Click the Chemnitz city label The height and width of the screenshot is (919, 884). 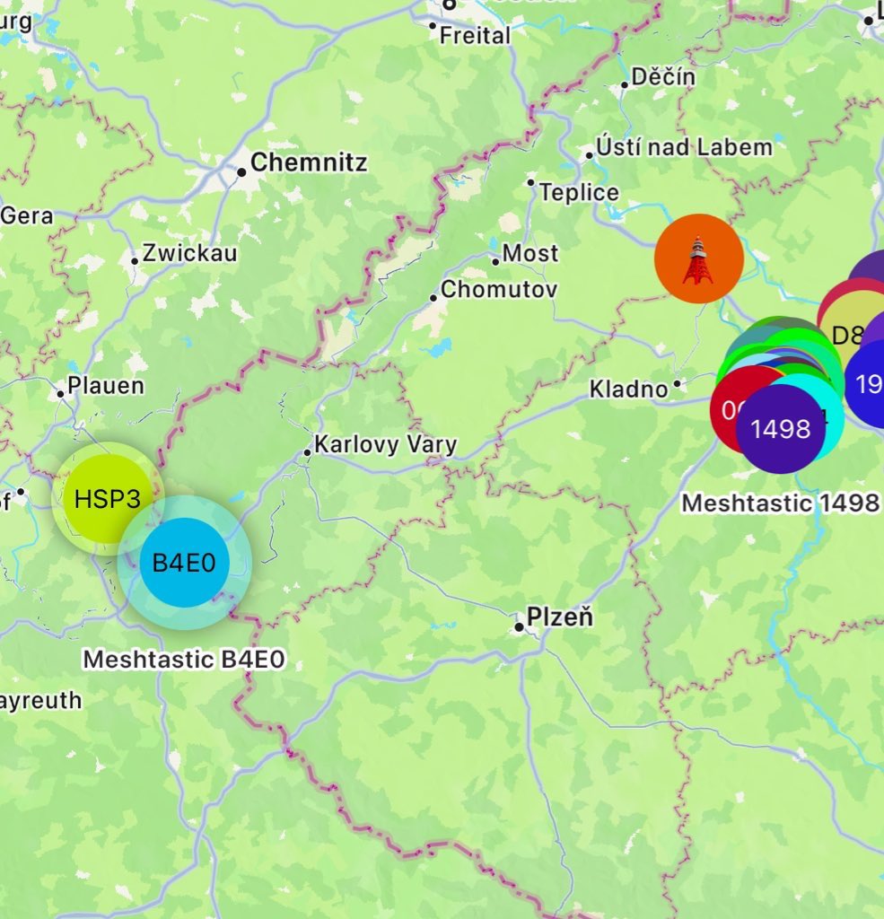pyautogui.click(x=309, y=162)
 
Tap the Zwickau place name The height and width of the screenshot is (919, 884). pyautogui.click(x=189, y=253)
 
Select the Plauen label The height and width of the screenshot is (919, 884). pyautogui.click(x=106, y=386)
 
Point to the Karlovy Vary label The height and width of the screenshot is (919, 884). pyautogui.click(x=385, y=444)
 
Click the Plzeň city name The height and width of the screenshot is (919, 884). pyautogui.click(x=560, y=617)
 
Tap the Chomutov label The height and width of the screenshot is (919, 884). pyautogui.click(x=499, y=289)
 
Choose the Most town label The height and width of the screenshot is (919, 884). pyautogui.click(x=530, y=253)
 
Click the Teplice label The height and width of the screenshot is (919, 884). pyautogui.click(x=579, y=192)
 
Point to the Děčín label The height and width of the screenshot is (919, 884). pyautogui.click(x=663, y=77)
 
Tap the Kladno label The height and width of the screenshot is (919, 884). pyautogui.click(x=628, y=389)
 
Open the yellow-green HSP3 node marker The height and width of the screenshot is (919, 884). pyautogui.click(x=107, y=498)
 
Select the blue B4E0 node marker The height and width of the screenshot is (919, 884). pyautogui.click(x=185, y=563)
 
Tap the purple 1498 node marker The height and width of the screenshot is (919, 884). pyautogui.click(x=780, y=429)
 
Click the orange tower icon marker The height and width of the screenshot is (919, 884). pyautogui.click(x=699, y=258)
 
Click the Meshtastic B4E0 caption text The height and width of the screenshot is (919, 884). pyautogui.click(x=184, y=660)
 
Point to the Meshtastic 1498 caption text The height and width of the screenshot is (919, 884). pyautogui.click(x=779, y=503)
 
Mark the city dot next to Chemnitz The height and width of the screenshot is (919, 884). pyautogui.click(x=241, y=171)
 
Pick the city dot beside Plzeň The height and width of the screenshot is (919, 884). pyautogui.click(x=519, y=626)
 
